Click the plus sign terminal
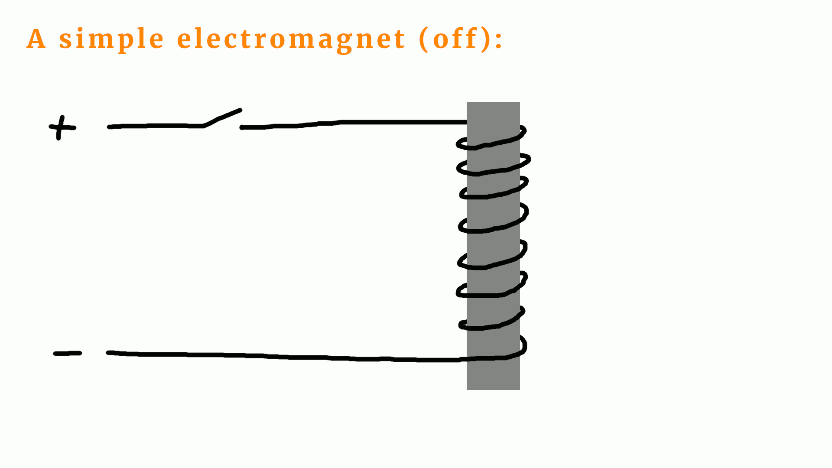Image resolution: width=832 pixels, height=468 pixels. (62, 127)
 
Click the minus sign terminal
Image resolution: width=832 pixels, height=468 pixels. (67, 354)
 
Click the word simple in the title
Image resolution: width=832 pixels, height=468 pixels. (111, 39)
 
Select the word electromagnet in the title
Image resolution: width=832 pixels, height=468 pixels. (291, 39)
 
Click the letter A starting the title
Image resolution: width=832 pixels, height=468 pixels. (36, 39)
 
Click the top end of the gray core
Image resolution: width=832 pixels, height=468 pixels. (493, 106)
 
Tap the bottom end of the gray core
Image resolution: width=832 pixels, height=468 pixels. (493, 386)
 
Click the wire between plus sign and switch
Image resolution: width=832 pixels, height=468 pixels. (156, 126)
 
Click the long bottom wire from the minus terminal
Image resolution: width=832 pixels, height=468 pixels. (282, 357)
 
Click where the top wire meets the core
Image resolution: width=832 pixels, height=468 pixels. (466, 123)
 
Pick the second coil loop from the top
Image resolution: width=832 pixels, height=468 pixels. (494, 166)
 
